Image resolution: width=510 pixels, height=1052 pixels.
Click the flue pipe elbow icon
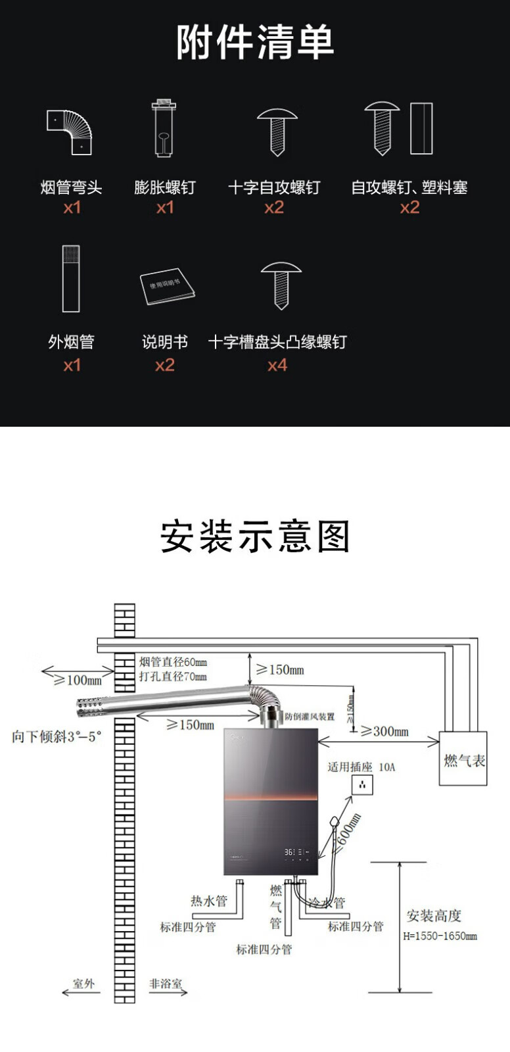(x=69, y=131)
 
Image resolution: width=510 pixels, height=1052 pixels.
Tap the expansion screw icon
(x=164, y=129)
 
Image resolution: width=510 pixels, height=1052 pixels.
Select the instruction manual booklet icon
(x=168, y=286)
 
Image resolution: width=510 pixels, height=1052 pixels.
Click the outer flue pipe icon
(x=71, y=279)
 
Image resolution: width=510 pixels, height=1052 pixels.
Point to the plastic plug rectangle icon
(x=421, y=128)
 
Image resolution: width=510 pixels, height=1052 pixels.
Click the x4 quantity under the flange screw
(x=277, y=365)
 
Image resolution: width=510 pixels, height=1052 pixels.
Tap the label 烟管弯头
(x=71, y=188)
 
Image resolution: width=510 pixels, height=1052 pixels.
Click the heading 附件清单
(x=255, y=43)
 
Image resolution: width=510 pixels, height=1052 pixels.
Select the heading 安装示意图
(x=255, y=537)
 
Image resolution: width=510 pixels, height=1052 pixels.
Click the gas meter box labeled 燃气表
(x=463, y=759)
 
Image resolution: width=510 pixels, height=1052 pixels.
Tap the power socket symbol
(x=362, y=784)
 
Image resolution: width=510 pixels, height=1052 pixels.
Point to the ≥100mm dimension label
(x=78, y=680)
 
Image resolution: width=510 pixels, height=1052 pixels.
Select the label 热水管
(x=209, y=901)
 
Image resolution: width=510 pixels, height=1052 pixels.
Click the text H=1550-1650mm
(x=440, y=936)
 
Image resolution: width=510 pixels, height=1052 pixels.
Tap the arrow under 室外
(x=81, y=992)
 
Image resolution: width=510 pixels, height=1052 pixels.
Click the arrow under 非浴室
(x=168, y=992)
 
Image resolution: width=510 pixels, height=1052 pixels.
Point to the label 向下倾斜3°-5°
(x=57, y=736)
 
